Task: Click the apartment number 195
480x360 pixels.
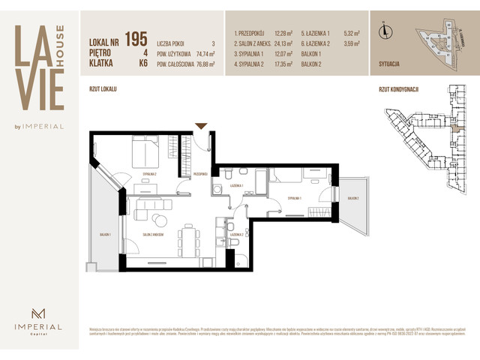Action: [x=136, y=37]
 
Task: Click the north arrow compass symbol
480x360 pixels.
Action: [x=384, y=31]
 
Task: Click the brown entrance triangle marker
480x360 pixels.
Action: [x=200, y=126]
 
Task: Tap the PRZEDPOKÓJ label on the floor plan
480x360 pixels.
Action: [x=200, y=173]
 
